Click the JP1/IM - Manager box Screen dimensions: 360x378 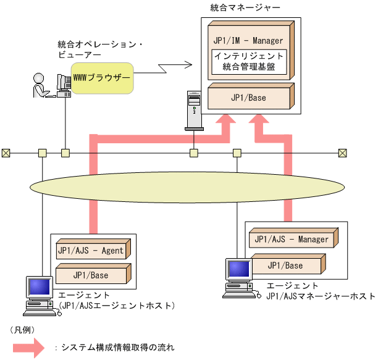point(248,40)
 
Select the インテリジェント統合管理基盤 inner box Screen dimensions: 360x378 point(247,61)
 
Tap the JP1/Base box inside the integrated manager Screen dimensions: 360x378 point(248,97)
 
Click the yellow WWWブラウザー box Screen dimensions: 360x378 point(102,78)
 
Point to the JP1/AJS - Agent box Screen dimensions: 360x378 point(90,251)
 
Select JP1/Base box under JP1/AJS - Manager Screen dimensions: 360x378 point(285,266)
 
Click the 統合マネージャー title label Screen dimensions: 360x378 point(236,9)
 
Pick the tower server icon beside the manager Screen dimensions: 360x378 point(193,110)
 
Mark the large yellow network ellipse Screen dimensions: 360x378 point(189,186)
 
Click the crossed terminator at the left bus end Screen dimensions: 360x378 point(6,153)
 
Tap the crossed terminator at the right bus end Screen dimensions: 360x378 point(343,153)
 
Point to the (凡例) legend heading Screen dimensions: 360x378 point(22,330)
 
